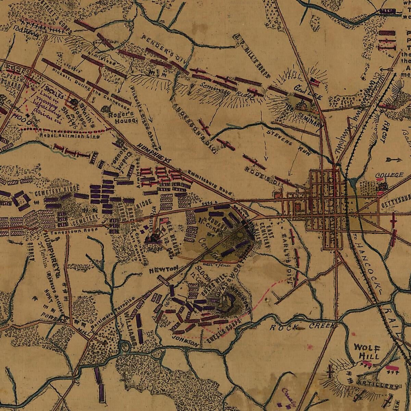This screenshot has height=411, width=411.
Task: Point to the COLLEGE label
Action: coord(389,175)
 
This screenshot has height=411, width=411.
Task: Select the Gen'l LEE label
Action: coord(308,92)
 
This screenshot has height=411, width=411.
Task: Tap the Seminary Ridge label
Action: coord(226,90)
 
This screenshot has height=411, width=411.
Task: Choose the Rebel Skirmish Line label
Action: coord(70,136)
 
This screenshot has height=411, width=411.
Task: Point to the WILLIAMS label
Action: coord(131,327)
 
